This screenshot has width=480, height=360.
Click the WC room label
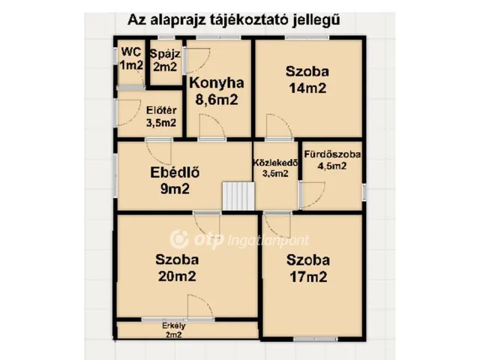pyautogui.click(x=131, y=59)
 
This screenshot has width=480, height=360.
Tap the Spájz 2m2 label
pyautogui.click(x=164, y=60)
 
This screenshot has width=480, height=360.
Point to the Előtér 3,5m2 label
pyautogui.click(x=161, y=117)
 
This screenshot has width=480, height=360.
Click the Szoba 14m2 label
pyautogui.click(x=307, y=79)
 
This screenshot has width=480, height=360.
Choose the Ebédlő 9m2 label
pyautogui.click(x=175, y=181)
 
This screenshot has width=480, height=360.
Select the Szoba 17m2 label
pyautogui.click(x=307, y=268)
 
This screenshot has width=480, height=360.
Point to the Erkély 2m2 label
pyautogui.click(x=173, y=330)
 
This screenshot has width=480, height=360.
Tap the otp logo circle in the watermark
pyautogui.click(x=178, y=238)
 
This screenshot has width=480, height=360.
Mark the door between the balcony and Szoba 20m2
pyautogui.click(x=199, y=307)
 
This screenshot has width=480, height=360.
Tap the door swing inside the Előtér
pyautogui.click(x=127, y=112)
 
